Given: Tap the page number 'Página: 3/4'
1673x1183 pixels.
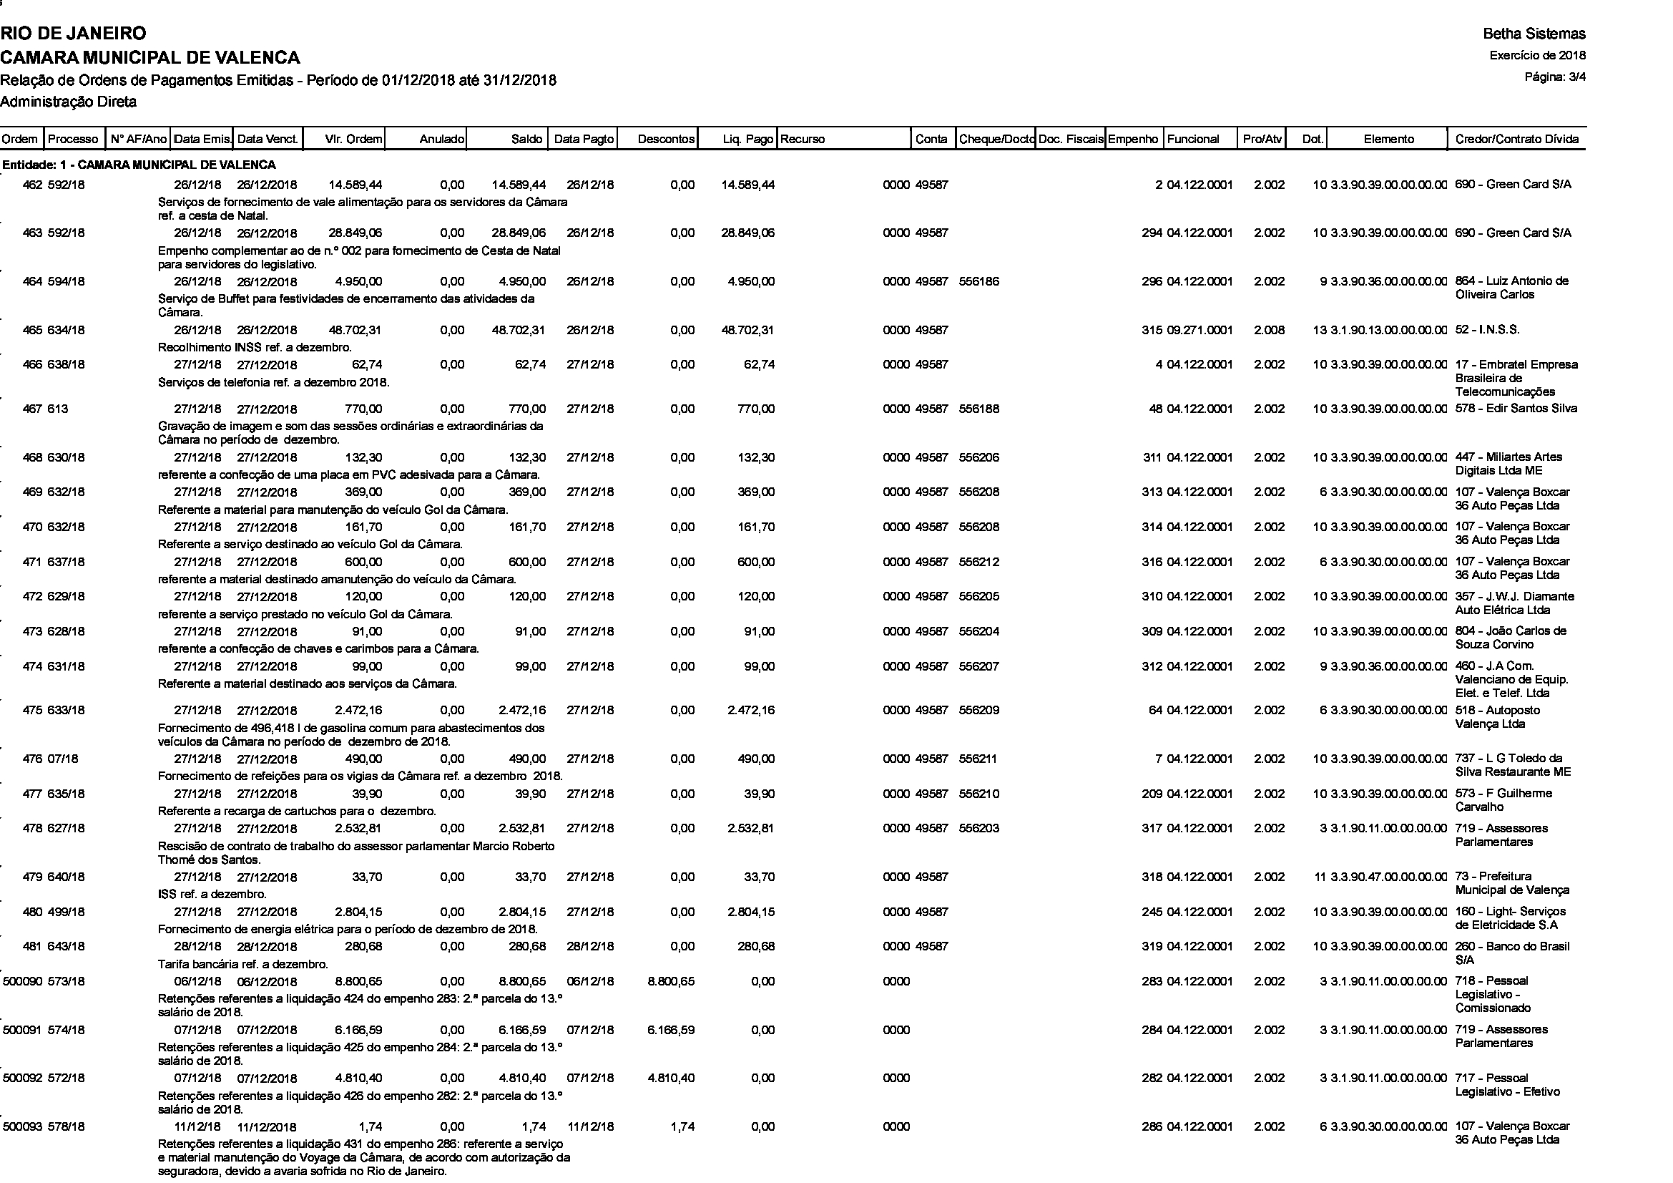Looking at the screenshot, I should (1555, 77).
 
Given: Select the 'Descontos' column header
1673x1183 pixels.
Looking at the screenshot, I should (666, 139).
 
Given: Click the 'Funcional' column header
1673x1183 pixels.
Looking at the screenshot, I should (1193, 139).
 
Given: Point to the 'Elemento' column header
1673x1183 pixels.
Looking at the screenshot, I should (1388, 139).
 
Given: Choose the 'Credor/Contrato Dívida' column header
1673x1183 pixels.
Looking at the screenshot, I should (1516, 139).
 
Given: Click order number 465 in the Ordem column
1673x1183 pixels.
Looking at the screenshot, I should (32, 330).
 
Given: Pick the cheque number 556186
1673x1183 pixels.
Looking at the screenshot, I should (978, 281).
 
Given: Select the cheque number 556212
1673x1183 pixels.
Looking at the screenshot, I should (978, 562).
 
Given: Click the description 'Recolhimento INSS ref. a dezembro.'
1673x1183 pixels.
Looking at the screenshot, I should (255, 347).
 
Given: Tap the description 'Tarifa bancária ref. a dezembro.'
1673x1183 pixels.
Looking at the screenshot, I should (242, 963).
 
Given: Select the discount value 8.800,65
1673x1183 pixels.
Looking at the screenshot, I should (670, 981).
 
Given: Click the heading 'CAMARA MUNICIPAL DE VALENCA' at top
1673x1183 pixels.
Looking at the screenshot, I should (150, 57).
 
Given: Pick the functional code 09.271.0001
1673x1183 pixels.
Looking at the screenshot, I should (1199, 330).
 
